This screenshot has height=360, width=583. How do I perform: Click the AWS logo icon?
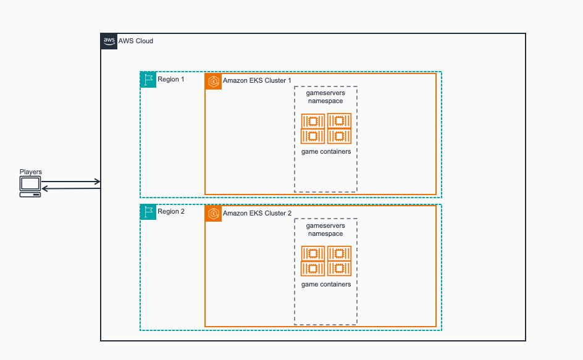click(x=109, y=41)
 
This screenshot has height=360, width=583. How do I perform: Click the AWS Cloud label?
click(x=136, y=41)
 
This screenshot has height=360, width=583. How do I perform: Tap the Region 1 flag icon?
click(x=148, y=80)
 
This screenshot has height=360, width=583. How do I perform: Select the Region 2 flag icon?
click(x=148, y=212)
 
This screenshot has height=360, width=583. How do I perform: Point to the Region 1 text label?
click(x=171, y=80)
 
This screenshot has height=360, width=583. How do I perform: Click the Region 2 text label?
click(x=171, y=212)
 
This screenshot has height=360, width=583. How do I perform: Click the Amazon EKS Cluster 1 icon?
click(x=214, y=82)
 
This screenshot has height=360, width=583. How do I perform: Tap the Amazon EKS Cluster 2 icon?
click(x=214, y=214)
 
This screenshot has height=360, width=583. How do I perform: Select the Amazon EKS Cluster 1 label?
click(x=257, y=82)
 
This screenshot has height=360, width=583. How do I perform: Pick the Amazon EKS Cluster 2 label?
click(x=257, y=214)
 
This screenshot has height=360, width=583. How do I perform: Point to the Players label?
click(x=31, y=172)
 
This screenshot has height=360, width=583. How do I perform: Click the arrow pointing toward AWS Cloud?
click(x=71, y=182)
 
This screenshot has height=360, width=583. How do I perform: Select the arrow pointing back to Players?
click(x=71, y=188)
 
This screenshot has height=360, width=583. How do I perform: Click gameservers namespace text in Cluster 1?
click(x=325, y=97)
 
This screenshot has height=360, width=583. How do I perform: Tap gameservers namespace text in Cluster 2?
click(x=325, y=230)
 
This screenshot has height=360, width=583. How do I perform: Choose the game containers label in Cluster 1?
click(x=326, y=151)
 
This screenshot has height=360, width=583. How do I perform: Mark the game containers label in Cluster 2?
click(x=326, y=284)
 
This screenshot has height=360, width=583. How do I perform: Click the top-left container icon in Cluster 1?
click(x=313, y=120)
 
